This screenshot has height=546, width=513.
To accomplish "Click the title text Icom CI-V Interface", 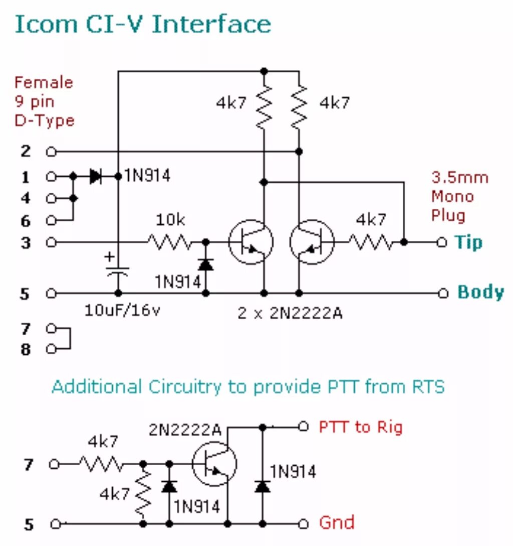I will [x=143, y=24].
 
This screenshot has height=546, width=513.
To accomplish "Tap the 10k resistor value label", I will [x=170, y=220].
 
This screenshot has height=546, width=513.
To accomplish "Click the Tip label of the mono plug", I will [x=468, y=243].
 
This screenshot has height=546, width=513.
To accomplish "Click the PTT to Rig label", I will [x=361, y=427].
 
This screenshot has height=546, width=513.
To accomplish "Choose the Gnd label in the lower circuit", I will [x=337, y=523].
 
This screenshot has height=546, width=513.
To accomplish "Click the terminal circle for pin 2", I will [x=50, y=151].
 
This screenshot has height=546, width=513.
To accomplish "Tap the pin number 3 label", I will [x=25, y=243].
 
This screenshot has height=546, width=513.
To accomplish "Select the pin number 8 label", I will [x=25, y=349].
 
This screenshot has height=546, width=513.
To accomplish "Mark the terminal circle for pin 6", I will [x=50, y=220].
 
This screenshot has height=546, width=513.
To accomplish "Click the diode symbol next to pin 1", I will [x=95, y=177].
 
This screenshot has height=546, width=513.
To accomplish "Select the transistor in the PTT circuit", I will [x=214, y=464].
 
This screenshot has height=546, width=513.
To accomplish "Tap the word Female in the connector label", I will [x=44, y=82].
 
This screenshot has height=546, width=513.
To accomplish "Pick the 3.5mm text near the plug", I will [x=460, y=178].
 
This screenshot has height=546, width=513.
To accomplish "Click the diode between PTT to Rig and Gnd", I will [x=262, y=486].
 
